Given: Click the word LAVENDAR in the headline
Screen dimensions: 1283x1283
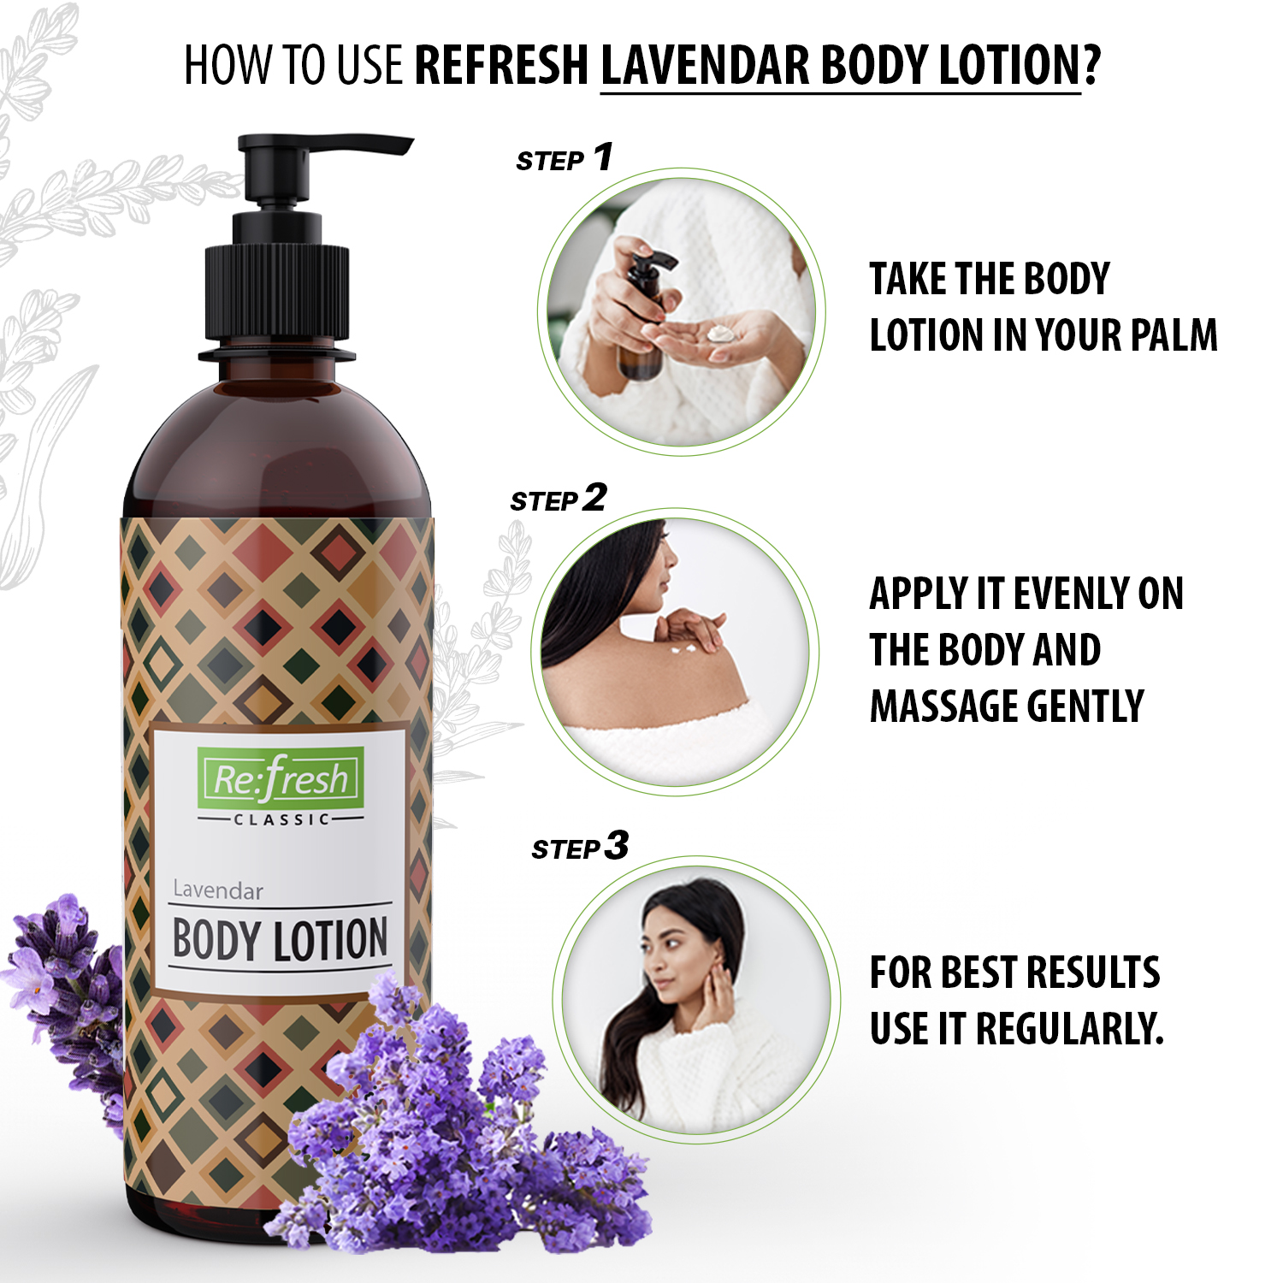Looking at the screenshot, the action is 704,65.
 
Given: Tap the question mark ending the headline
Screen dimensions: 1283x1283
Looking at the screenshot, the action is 1091,65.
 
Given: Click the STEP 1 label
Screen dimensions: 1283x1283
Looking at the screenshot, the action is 565,157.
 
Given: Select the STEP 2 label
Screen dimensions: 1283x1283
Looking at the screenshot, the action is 559,499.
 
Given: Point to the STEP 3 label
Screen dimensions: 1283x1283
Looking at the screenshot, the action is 580,847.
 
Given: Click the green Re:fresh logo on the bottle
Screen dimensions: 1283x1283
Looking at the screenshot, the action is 280,777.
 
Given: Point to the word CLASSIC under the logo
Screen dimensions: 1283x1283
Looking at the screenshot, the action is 281,819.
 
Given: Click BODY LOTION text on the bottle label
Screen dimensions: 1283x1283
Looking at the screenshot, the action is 280,940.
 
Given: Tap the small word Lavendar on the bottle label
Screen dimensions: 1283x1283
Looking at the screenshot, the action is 217,890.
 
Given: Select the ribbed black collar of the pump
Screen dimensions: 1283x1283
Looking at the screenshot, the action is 276,294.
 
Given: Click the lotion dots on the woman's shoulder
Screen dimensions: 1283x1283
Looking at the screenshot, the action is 687,652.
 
